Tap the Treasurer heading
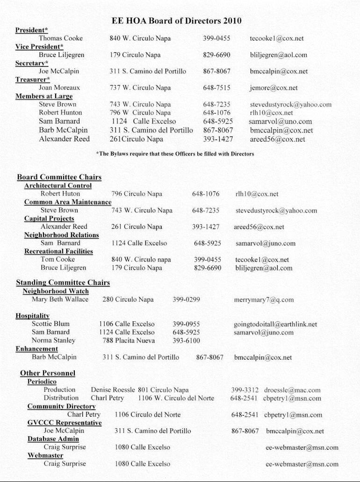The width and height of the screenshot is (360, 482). (x=33, y=79)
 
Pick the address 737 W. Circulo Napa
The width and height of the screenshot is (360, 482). (x=140, y=88)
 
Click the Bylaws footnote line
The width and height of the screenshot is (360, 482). (x=175, y=154)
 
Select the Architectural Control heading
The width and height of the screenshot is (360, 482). (x=58, y=185)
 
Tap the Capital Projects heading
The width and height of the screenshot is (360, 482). (x=49, y=218)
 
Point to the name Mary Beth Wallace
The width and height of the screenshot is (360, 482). (x=60, y=299)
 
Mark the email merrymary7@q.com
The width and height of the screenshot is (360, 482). (x=264, y=300)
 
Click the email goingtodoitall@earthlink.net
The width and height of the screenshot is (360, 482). (x=275, y=324)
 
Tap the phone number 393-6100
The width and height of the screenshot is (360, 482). (x=186, y=340)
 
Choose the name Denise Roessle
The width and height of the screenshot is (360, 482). (x=113, y=390)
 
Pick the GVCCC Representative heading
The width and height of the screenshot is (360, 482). (x=65, y=423)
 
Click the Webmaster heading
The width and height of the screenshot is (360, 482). (x=45, y=455)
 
